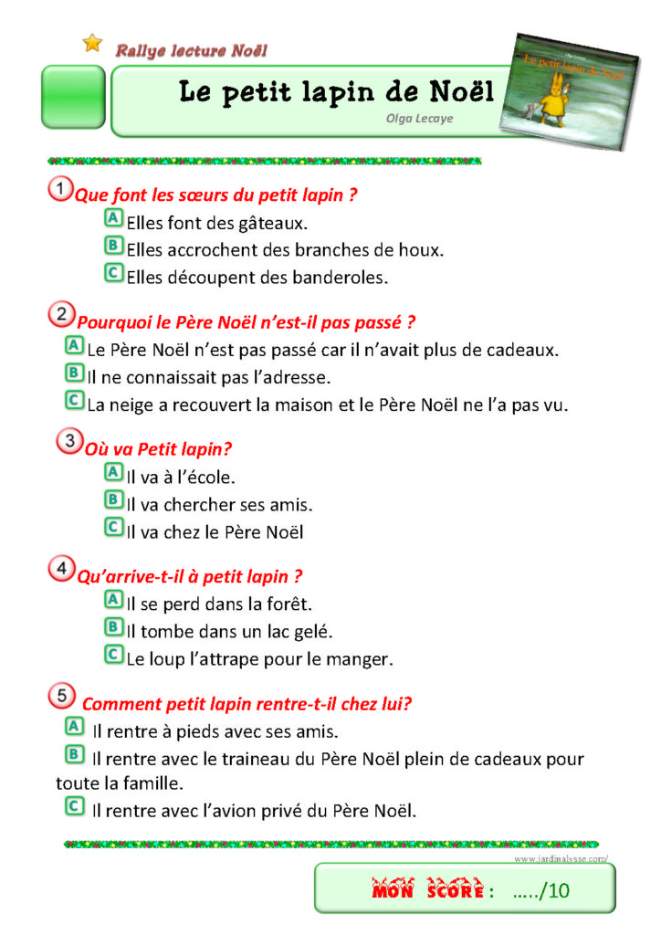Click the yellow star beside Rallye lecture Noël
(x=92, y=43)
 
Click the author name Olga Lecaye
(x=419, y=118)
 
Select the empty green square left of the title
(x=73, y=96)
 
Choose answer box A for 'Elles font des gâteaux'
(x=114, y=219)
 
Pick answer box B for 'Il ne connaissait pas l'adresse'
(x=75, y=373)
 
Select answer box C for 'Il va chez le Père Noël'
(x=114, y=527)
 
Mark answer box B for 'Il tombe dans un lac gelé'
(x=114, y=627)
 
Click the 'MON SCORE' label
(x=426, y=891)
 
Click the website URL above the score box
(x=561, y=858)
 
